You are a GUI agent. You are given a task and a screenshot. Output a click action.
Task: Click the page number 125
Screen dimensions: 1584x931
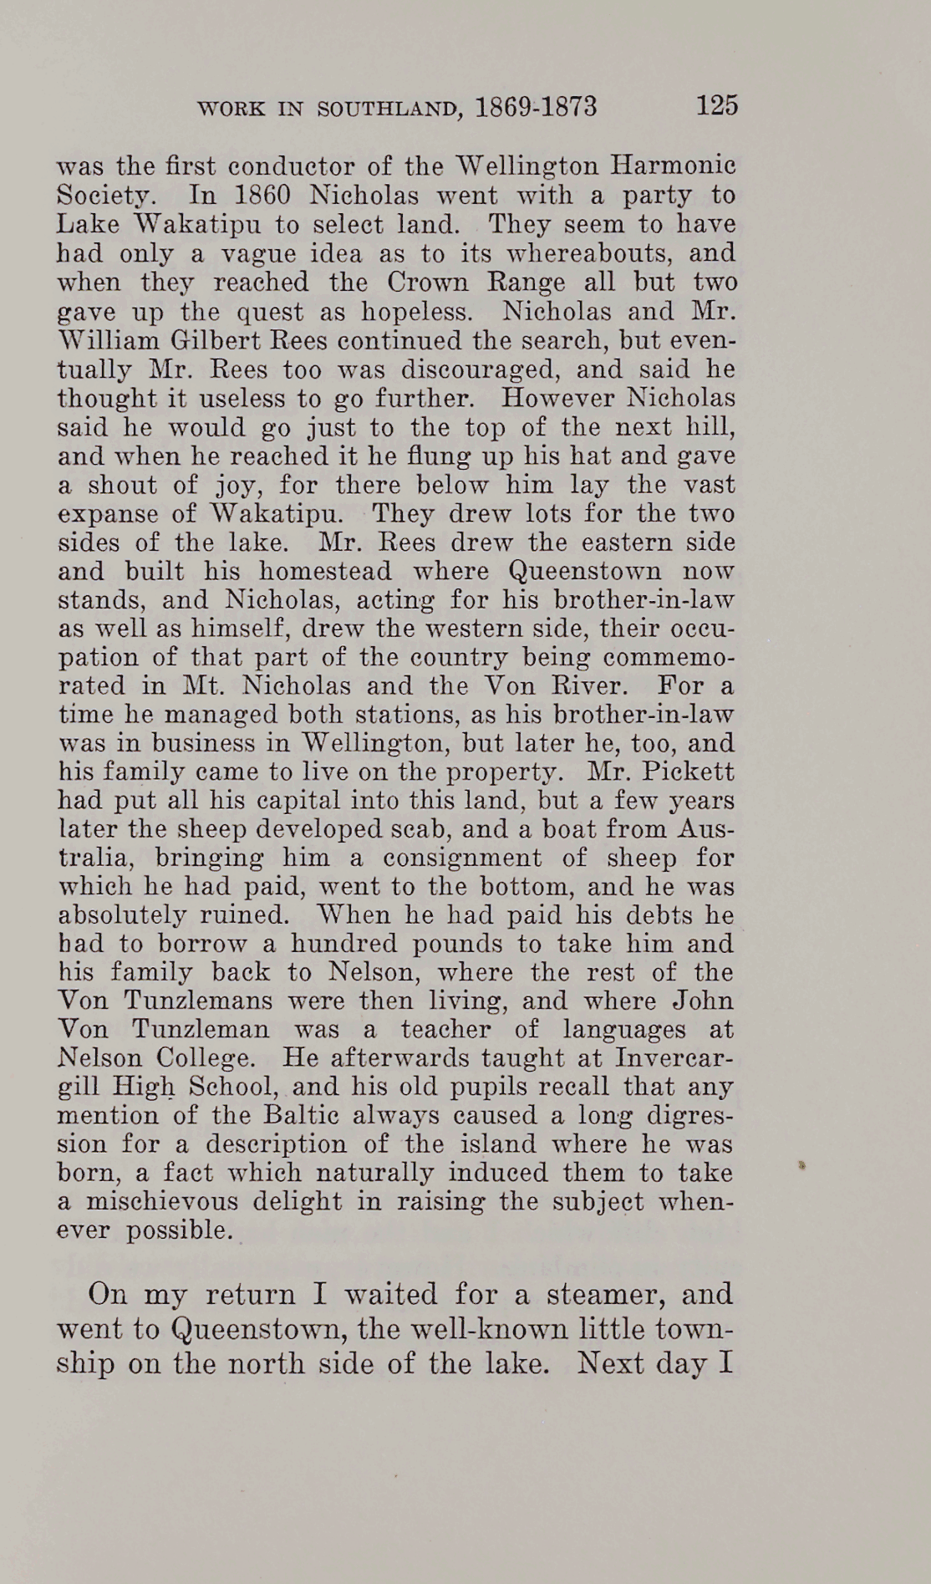pyautogui.click(x=716, y=106)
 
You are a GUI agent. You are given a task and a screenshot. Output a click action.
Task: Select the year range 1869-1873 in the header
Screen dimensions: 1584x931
pyautogui.click(x=536, y=107)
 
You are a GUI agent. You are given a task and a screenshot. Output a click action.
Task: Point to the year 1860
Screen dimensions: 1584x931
pyautogui.click(x=251, y=195)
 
